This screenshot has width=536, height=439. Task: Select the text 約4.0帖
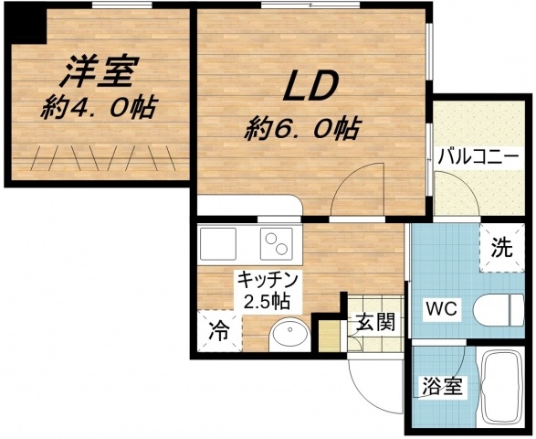98,107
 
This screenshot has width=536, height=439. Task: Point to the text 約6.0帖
300,127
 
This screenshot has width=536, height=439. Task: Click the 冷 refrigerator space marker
218,327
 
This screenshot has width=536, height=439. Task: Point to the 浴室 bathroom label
441,388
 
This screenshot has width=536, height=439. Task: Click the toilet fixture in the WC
500,308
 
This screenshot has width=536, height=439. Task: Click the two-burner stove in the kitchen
278,243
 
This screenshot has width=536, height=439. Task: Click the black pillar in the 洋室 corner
32,27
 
